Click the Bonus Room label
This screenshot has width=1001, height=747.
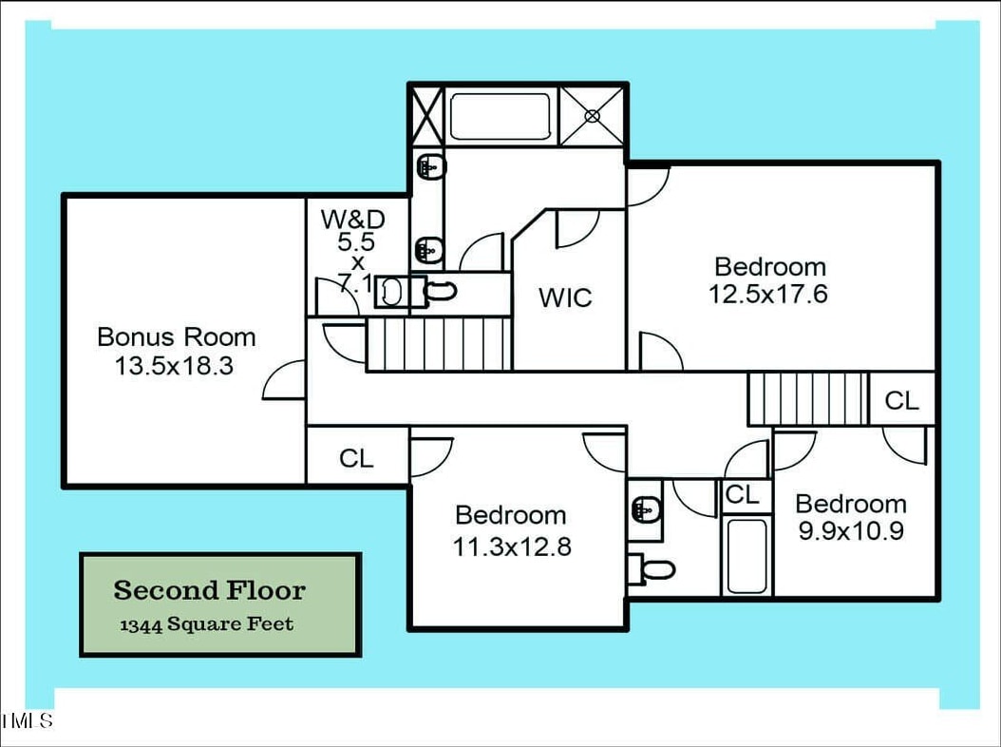point(177,336)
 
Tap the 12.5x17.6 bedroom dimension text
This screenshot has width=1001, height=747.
point(768,294)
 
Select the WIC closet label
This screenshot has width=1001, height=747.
point(565,297)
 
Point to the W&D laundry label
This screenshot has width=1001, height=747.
point(353,220)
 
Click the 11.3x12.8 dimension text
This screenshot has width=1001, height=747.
point(512,546)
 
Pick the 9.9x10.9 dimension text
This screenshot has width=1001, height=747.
point(851,531)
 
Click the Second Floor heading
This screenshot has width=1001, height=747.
point(209,590)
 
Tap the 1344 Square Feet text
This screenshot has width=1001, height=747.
point(207,624)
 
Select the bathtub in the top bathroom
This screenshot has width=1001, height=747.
point(500,116)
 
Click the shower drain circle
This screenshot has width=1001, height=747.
point(593,116)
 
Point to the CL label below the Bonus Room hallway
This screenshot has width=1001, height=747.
point(356,458)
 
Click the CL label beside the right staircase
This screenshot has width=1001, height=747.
point(901,401)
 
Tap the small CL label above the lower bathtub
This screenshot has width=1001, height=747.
point(742,494)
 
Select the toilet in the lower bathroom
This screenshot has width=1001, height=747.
point(652,569)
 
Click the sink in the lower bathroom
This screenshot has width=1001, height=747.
point(646,509)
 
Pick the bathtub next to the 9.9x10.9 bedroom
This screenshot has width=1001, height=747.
point(746,555)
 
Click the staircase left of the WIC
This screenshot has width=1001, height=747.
point(439,344)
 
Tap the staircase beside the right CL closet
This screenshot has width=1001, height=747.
point(808,399)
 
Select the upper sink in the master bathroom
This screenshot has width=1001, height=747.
point(431,168)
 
